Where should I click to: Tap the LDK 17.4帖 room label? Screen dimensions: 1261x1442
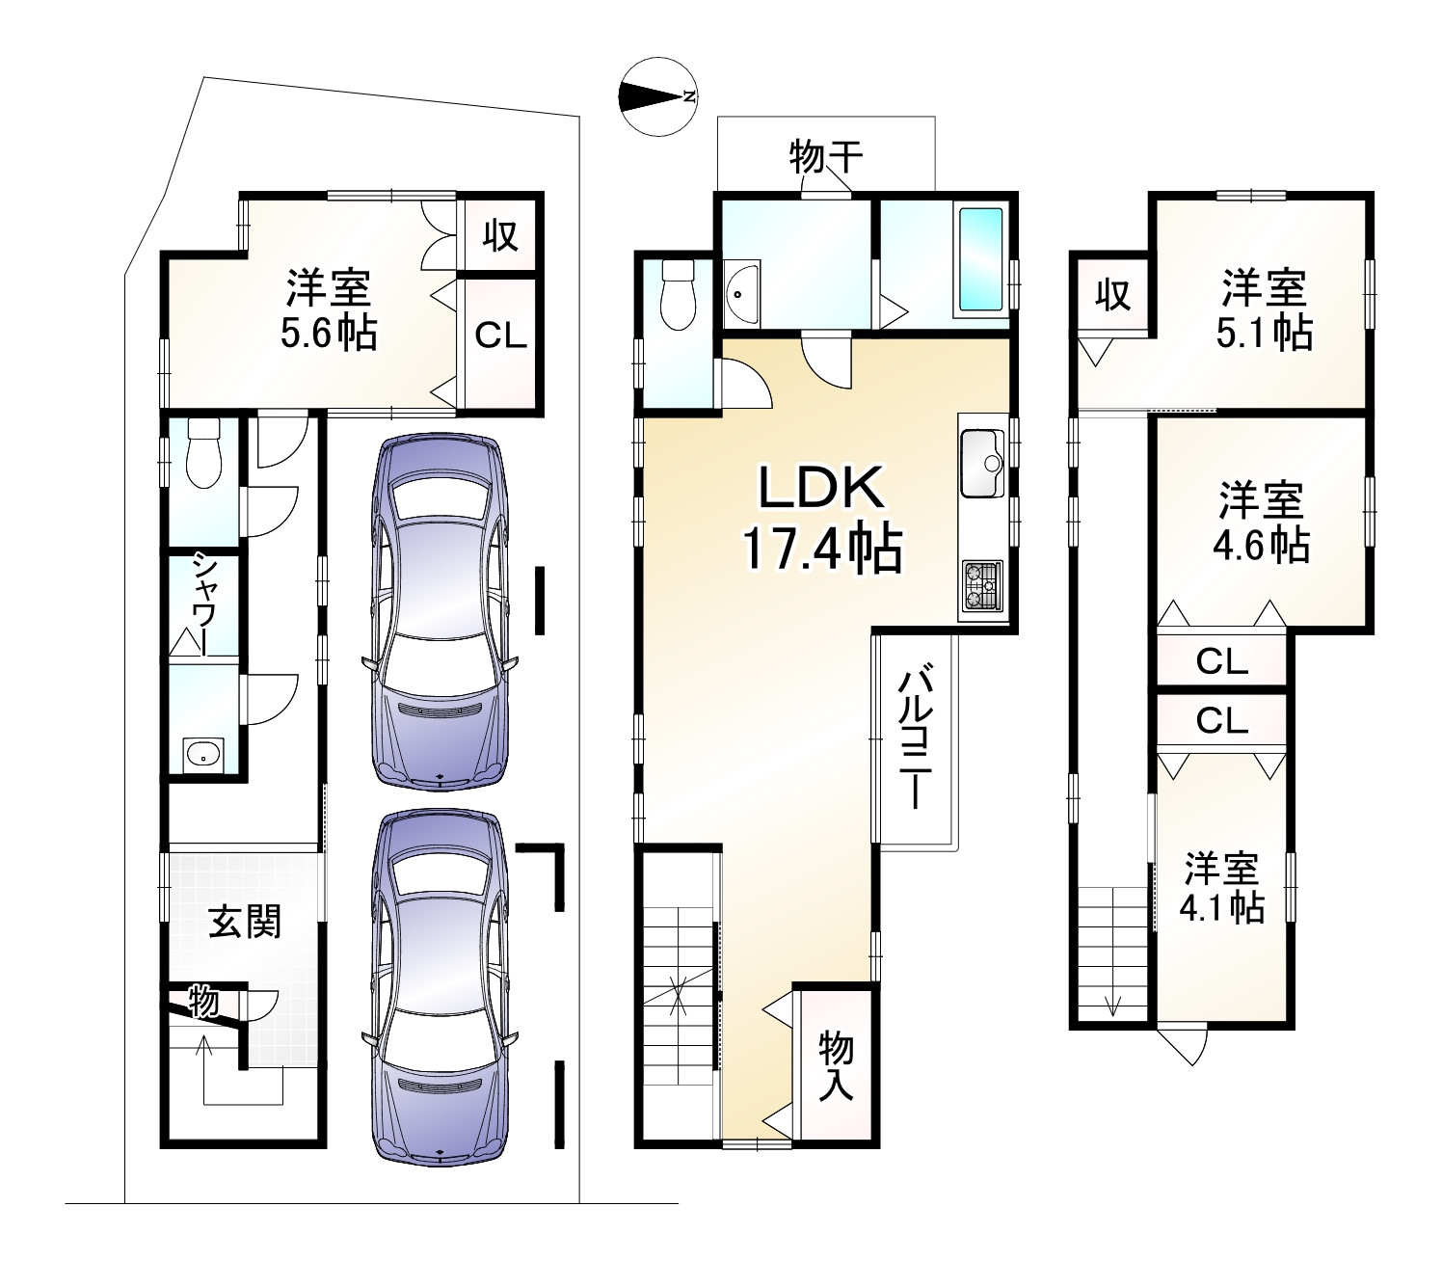[x=820, y=519]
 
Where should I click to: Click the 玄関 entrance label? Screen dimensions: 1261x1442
[x=245, y=923]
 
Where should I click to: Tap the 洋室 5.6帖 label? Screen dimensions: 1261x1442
[x=328, y=310]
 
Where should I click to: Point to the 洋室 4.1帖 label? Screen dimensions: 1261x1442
[x=1223, y=887]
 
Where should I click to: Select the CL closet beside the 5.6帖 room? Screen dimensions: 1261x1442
[x=500, y=336]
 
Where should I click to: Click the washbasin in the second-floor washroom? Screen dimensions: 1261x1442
[x=741, y=289]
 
